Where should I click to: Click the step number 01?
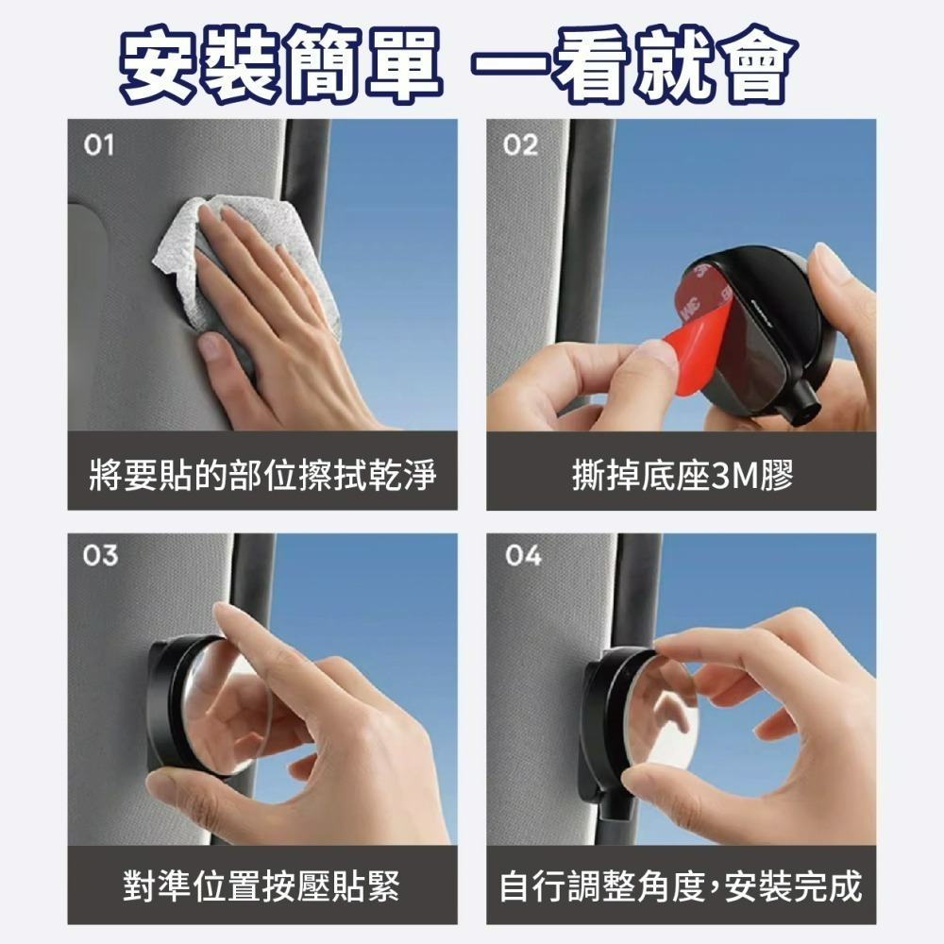[99, 145]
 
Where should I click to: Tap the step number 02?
[521, 145]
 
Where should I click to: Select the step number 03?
[101, 555]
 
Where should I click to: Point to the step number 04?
[523, 555]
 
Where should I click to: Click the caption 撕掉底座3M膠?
[683, 475]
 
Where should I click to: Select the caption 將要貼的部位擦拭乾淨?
[262, 475]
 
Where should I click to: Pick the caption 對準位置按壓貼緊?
[261, 885]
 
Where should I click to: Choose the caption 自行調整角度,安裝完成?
[681, 885]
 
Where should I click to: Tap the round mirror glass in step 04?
[656, 716]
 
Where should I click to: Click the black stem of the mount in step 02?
[803, 403]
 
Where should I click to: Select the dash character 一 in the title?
[512, 63]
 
